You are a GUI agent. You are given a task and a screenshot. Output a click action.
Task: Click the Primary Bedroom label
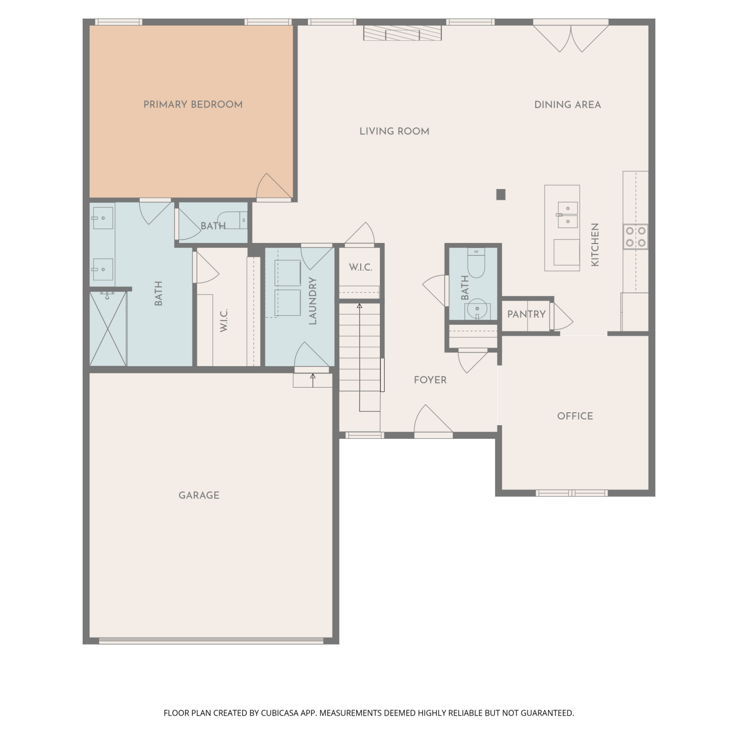193,105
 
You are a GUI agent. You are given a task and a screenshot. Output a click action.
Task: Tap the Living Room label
394,131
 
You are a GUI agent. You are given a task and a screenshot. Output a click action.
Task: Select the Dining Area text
567,105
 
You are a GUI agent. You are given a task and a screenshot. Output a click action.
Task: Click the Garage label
199,495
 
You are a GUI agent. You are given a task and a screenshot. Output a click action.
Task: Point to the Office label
575,416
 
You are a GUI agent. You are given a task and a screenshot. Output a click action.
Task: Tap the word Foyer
430,380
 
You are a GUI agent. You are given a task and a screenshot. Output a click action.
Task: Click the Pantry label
526,314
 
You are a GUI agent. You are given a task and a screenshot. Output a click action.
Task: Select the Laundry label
312,301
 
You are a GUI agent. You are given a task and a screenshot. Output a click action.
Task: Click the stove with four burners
636,237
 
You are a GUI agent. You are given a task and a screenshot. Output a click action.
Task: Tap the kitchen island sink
568,215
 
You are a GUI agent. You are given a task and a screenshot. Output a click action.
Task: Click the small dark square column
501,194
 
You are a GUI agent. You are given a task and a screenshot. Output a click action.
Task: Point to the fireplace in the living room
402,33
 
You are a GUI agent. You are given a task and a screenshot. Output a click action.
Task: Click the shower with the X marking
108,329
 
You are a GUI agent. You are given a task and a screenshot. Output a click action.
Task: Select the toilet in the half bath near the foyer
476,264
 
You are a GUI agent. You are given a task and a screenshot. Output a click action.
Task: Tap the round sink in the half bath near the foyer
476,310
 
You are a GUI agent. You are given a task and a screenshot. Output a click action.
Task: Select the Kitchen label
595,245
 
